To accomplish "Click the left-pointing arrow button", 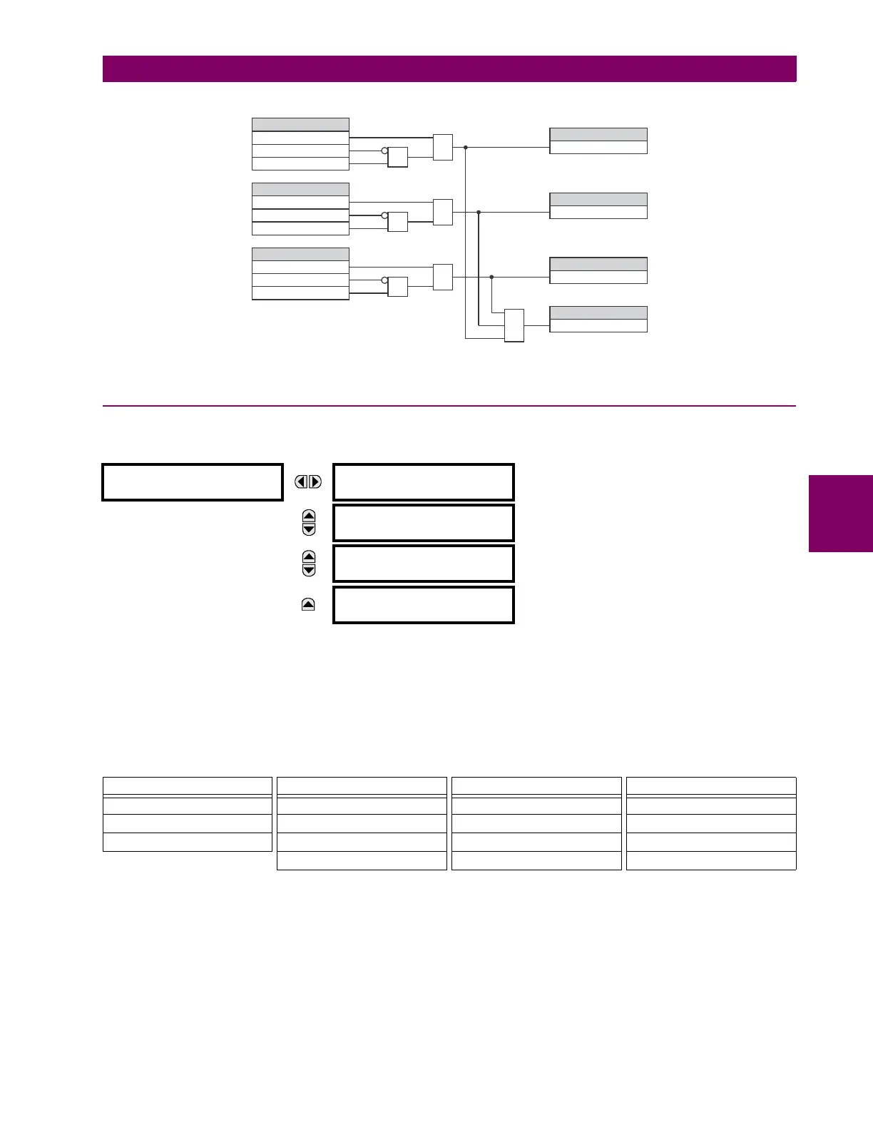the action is (302, 482).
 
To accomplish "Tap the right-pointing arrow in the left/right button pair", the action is (315, 482).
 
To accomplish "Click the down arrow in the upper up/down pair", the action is (309, 529).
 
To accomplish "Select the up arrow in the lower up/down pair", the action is (309, 556).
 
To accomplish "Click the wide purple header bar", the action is (449, 69).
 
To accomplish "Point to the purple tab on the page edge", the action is (841, 514).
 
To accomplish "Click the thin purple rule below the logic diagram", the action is (449, 406).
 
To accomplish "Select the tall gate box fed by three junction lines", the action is (514, 325).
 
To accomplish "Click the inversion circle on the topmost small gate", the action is (384, 151).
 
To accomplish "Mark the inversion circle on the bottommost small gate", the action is (384, 280).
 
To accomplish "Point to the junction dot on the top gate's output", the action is (466, 148).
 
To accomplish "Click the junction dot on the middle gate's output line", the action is (479, 212).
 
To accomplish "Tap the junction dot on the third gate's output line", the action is (492, 277).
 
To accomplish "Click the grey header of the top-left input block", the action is (300, 124).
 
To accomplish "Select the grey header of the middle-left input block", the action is (300, 189).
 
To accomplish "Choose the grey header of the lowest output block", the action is (598, 312).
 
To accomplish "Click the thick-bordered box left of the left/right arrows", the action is (193, 482).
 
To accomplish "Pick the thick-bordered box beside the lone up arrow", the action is (424, 605).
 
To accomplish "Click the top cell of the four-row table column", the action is (362, 786).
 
